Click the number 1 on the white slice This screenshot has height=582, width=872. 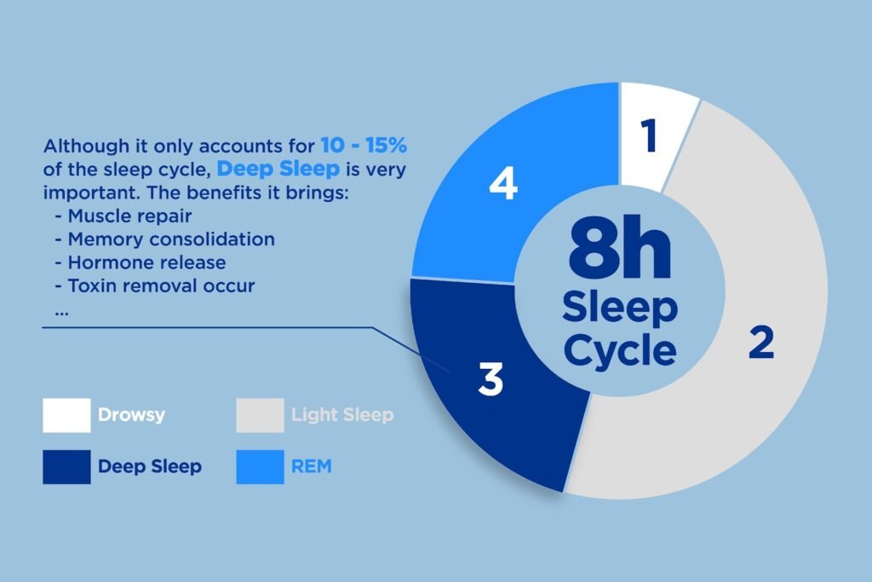pos(649,135)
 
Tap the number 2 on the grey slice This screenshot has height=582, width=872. pos(761,343)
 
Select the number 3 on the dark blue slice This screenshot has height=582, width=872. pos(490,379)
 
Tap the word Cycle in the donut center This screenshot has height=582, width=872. pos(620,350)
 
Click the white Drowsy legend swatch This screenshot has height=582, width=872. pos(66,415)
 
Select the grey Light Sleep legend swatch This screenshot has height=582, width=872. pos(261,415)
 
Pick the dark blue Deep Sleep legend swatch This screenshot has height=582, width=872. pos(66,467)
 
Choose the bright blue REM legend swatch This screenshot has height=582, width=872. pos(261,467)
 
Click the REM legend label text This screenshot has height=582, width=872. pos(312,466)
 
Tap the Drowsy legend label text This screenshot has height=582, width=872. pos(131,415)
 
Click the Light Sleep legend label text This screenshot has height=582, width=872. pos(342,415)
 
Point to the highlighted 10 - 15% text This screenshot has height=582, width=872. pos(364,145)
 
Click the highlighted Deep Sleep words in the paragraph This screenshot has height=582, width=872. pos(278,169)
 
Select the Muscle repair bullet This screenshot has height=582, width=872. pos(123,216)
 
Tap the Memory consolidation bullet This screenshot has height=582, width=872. pos(165,239)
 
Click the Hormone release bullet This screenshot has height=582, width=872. pos(141,262)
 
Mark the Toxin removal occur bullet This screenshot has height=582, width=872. pos(155,286)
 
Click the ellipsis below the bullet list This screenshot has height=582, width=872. pos(61,314)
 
